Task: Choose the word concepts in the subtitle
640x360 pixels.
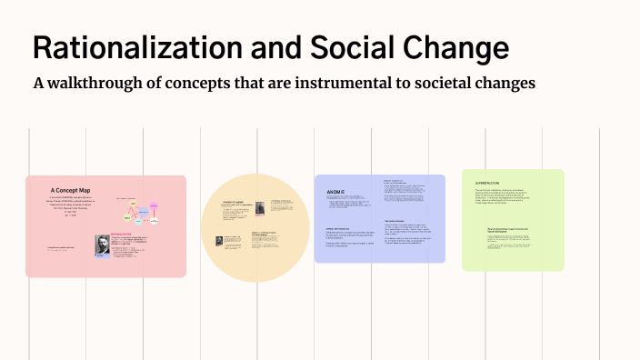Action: pos(211,84)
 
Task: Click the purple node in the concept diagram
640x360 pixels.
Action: pos(155,219)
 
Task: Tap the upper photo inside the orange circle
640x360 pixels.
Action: pos(260,207)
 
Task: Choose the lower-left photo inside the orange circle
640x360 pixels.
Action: pos(219,242)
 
